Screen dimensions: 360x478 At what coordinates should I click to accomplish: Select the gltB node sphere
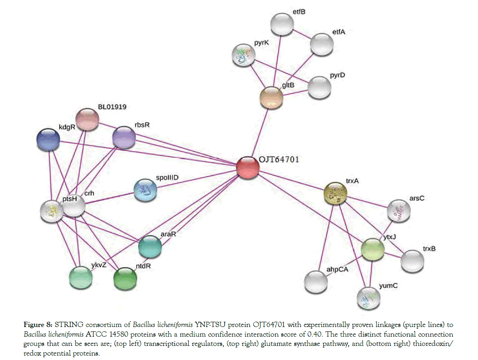pyautogui.click(x=271, y=97)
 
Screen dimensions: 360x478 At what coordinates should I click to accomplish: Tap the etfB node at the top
pyautogui.click(x=281, y=24)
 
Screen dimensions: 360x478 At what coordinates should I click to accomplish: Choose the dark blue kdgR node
pyautogui.click(x=48, y=140)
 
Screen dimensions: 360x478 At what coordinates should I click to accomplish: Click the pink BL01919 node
pyautogui.click(x=87, y=119)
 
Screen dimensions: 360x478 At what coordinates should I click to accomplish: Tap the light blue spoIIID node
pyautogui.click(x=145, y=190)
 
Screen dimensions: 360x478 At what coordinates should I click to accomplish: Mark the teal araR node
pyautogui.click(x=150, y=247)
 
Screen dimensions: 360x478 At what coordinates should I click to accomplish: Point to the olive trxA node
pyautogui.click(x=336, y=194)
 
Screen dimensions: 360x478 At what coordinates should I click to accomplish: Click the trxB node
pyautogui.click(x=412, y=261)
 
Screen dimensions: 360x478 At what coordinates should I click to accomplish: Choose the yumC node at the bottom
pyautogui.click(x=368, y=298)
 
